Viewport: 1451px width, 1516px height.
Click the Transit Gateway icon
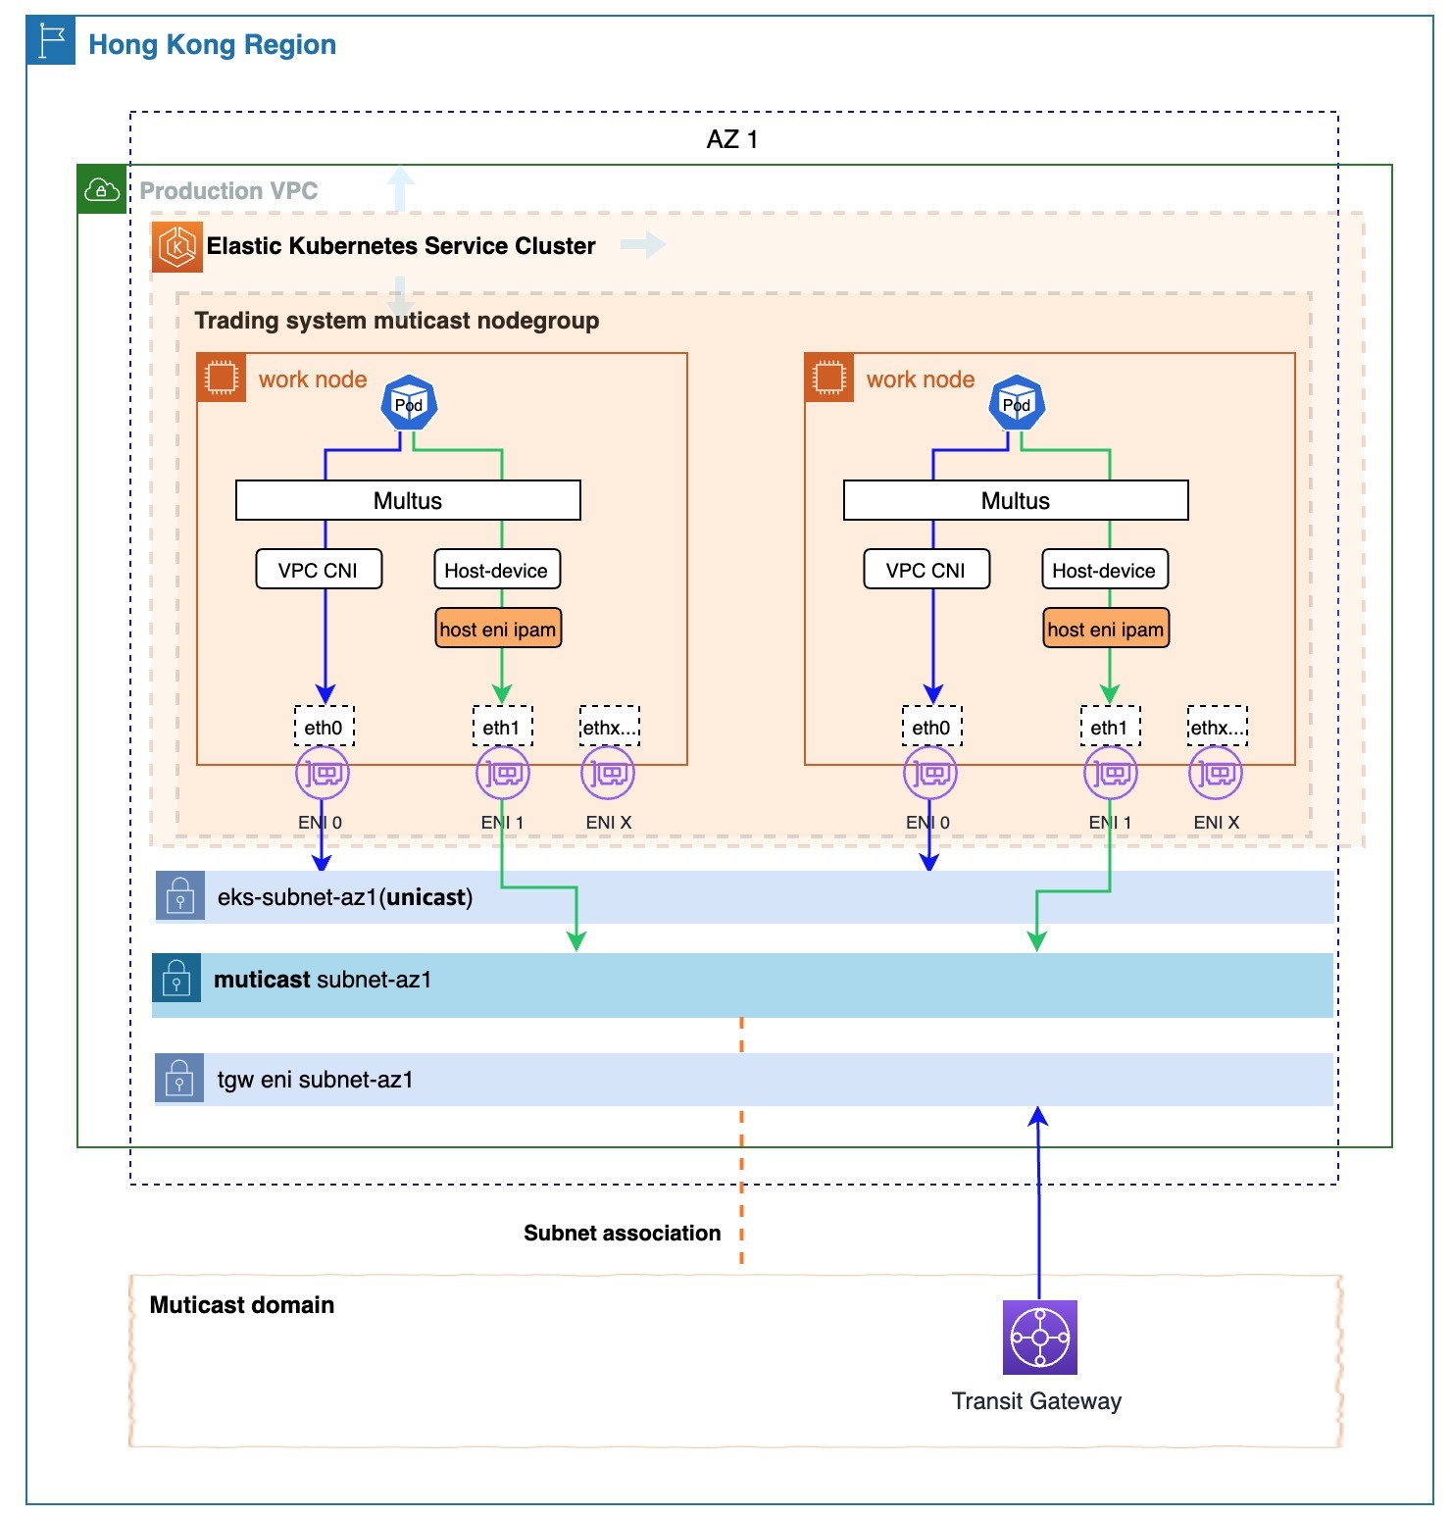click(1039, 1337)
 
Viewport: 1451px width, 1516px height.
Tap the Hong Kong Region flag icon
click(51, 41)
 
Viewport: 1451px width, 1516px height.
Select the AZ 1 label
click(731, 139)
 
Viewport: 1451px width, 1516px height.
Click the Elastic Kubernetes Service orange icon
click(177, 246)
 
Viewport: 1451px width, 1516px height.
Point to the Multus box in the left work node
click(408, 500)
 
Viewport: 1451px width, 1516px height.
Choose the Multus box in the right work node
click(1016, 500)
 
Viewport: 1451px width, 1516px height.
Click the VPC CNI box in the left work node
click(319, 570)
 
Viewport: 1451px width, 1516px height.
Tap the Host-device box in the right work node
click(1105, 570)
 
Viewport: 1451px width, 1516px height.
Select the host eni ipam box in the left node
click(498, 630)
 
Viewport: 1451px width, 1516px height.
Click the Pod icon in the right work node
click(1017, 403)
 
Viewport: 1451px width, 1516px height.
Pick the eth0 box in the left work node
click(324, 727)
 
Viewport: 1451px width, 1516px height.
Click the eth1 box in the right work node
click(1110, 727)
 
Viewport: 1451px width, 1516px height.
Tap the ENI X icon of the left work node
click(608, 774)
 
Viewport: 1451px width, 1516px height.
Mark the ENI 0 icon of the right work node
click(929, 774)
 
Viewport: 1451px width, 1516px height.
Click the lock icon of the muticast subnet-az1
click(176, 978)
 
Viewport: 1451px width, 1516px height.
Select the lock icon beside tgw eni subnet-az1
click(179, 1079)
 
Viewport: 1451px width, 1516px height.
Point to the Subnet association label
click(622, 1233)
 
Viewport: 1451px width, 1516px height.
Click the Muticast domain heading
click(242, 1305)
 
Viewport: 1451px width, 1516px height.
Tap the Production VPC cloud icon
click(102, 189)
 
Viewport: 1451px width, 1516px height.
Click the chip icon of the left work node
click(222, 378)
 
